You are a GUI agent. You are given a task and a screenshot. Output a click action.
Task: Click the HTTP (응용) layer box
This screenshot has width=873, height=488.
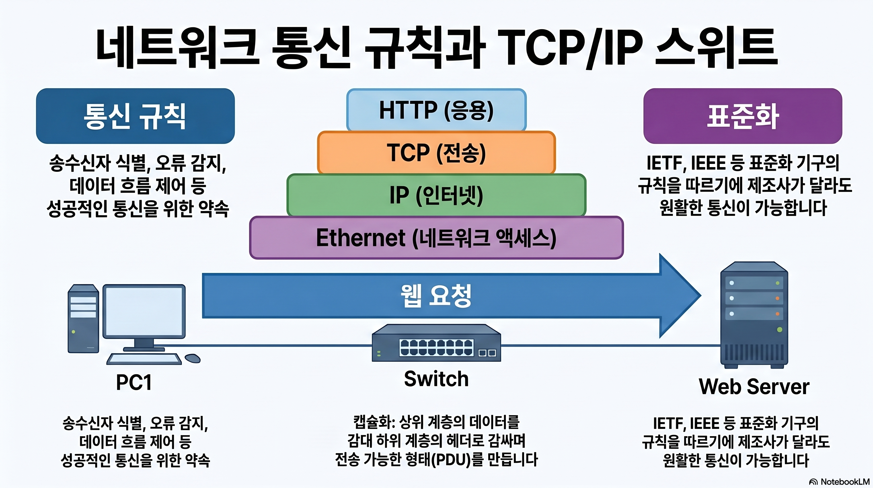tap(436, 110)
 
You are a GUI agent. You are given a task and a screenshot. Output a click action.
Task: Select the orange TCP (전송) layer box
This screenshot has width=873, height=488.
tap(436, 152)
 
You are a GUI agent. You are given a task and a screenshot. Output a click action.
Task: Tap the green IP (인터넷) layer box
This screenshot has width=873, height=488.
tap(436, 195)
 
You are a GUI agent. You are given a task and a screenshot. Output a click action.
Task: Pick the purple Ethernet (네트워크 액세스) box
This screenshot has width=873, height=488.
tap(436, 238)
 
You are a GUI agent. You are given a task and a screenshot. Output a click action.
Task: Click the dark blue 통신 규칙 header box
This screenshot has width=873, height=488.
tap(135, 116)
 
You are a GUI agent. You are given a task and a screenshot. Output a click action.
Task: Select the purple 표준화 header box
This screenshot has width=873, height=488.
tap(743, 116)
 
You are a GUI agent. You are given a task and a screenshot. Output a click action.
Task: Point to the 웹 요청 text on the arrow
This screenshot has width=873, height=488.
tap(436, 295)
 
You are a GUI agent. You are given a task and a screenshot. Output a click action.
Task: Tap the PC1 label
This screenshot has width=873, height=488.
tap(134, 383)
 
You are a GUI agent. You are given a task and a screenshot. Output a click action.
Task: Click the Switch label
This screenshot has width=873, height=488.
tap(436, 379)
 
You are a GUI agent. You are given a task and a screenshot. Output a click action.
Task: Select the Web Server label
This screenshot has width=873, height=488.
tap(754, 387)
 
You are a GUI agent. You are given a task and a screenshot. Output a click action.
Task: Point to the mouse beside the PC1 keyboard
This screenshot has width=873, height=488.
tap(193, 358)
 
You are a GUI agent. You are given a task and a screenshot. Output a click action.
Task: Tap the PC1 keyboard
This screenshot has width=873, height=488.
tap(144, 359)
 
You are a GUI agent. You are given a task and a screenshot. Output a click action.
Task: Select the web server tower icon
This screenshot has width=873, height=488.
tap(754, 315)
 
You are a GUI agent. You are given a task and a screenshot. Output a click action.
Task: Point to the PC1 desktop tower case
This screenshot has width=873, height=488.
tap(83, 319)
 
